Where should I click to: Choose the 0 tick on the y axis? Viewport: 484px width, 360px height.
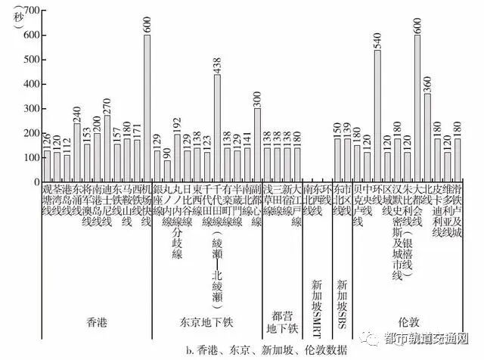tap(33, 182)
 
